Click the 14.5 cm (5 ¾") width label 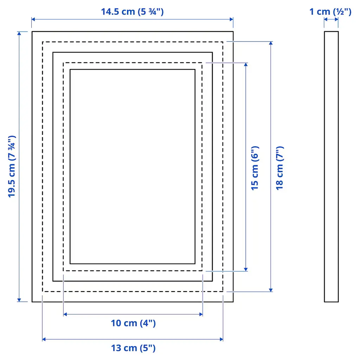[132, 12]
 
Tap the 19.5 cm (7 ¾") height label [12, 166]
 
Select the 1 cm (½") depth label [330, 12]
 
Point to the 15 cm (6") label [255, 168]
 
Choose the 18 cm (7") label [279, 168]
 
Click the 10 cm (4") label [133, 323]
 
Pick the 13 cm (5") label [133, 348]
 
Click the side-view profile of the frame [331, 167]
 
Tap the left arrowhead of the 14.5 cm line [33, 19]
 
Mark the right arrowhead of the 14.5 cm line [231, 19]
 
